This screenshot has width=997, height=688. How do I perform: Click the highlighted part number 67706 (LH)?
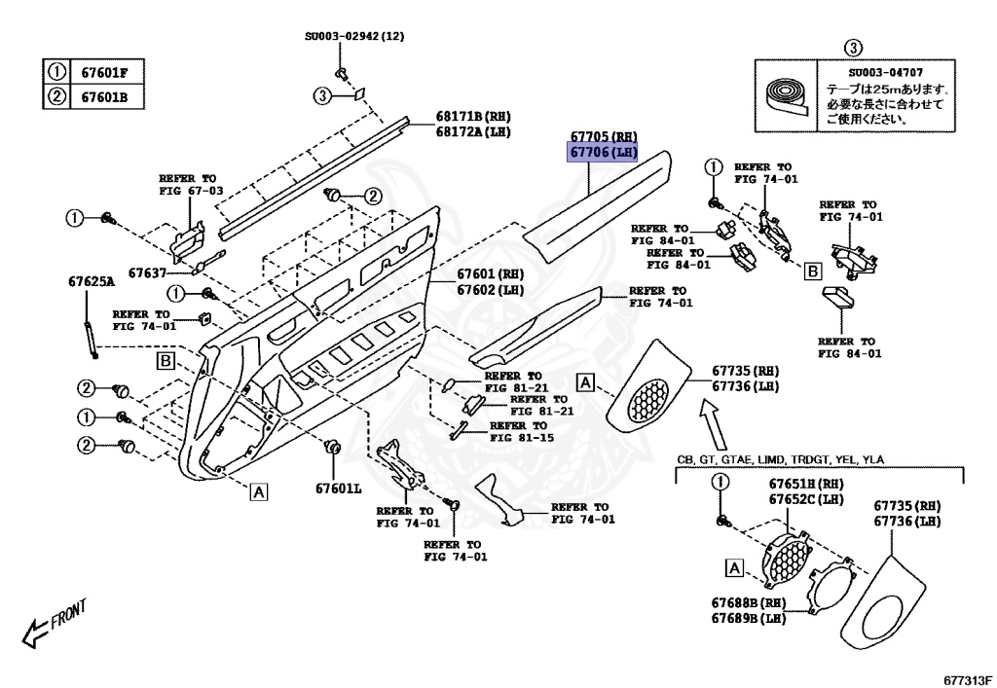tap(604, 153)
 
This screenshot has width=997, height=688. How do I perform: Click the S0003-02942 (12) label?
tap(353, 36)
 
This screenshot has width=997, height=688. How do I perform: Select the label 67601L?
tap(338, 488)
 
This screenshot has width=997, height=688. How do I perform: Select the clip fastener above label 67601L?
tap(332, 449)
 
